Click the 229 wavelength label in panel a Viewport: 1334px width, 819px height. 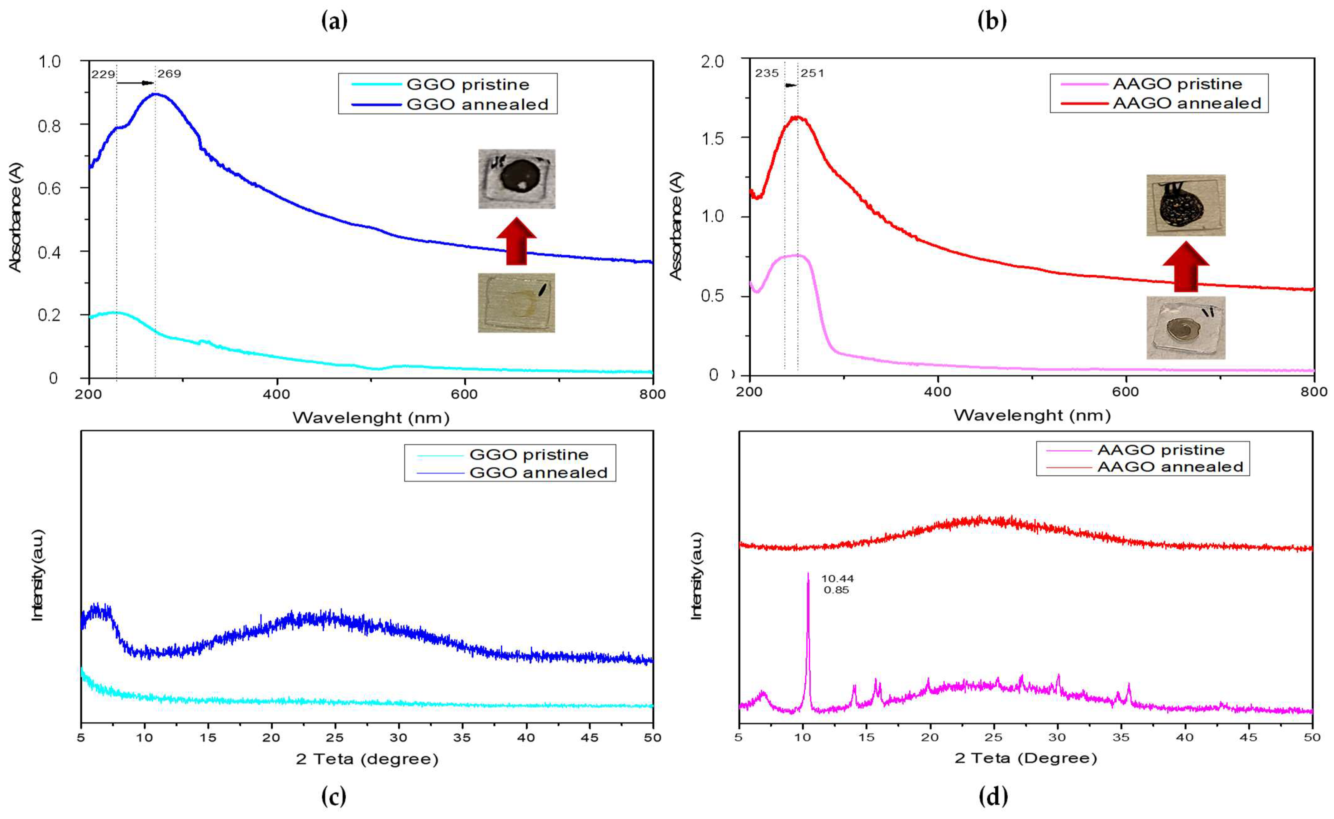tap(103, 74)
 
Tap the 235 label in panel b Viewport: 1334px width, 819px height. tap(767, 73)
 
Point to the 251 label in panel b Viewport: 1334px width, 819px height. tap(812, 73)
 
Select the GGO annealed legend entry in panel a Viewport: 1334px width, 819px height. tap(476, 104)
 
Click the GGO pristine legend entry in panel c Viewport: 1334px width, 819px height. tap(528, 455)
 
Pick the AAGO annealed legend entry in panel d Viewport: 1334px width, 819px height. tap(1169, 467)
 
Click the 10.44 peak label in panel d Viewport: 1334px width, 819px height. tap(837, 579)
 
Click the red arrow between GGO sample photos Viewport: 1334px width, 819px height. tap(516, 241)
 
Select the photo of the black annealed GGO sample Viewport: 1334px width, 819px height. tap(516, 179)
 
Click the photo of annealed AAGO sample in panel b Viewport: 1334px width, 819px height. tap(1186, 205)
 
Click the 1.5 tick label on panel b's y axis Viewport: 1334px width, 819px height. tap(712, 138)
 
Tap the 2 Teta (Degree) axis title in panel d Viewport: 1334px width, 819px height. tap(1026, 758)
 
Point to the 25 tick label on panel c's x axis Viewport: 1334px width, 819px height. tap(335, 737)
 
